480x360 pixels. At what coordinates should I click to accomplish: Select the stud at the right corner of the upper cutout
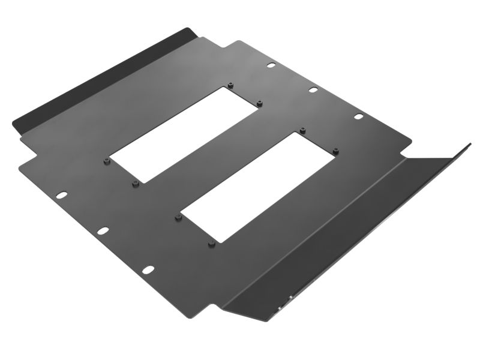(x=259, y=103)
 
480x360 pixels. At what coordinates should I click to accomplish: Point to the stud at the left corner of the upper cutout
(x=106, y=161)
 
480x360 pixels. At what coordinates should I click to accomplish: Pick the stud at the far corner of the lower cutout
(x=303, y=130)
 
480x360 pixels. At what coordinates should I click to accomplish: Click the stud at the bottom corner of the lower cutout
(x=211, y=244)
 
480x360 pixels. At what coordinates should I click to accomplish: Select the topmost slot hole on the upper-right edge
(x=271, y=65)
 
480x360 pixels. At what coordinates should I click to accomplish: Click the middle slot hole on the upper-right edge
(x=313, y=90)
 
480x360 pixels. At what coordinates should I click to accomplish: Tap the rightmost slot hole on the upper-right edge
(x=358, y=116)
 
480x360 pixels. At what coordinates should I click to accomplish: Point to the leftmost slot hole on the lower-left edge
(x=61, y=196)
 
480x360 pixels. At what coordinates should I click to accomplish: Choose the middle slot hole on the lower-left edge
(x=103, y=231)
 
